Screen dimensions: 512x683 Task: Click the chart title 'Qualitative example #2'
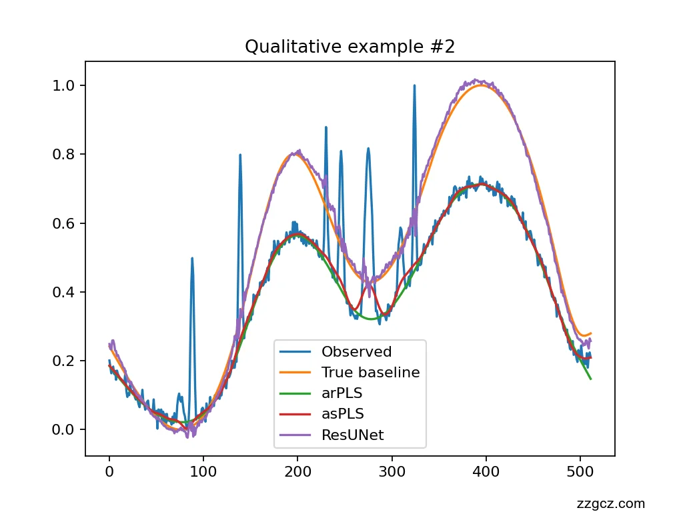pyautogui.click(x=350, y=47)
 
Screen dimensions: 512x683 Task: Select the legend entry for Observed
pyautogui.click(x=356, y=351)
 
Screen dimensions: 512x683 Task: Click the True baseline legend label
pyautogui.click(x=370, y=373)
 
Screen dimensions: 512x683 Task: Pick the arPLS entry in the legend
pyautogui.click(x=341, y=393)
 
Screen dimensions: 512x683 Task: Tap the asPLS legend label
pyautogui.click(x=342, y=415)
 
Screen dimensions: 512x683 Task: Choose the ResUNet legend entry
pyautogui.click(x=352, y=436)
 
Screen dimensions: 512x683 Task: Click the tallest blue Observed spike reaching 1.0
pyautogui.click(x=414, y=86)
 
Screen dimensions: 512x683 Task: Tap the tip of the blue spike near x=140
pyautogui.click(x=240, y=155)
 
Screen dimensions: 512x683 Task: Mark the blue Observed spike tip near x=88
pyautogui.click(x=192, y=258)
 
